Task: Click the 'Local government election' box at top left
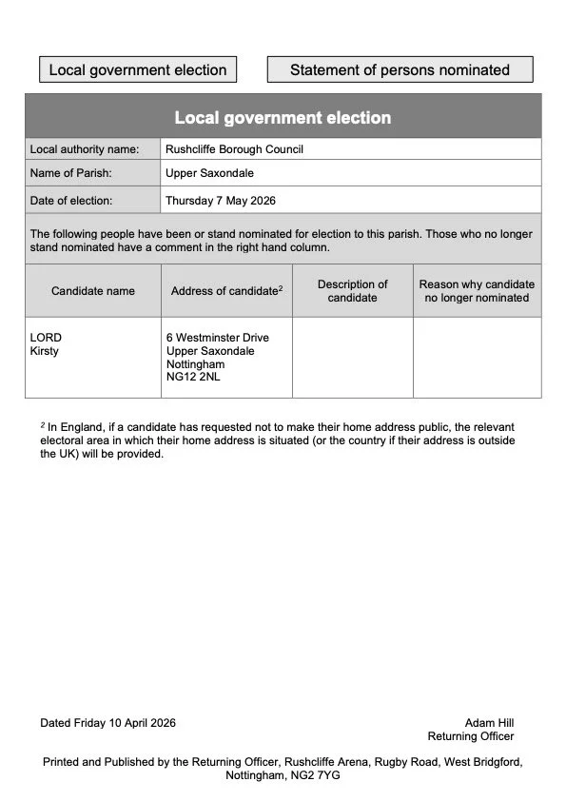[138, 69]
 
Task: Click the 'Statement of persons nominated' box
[400, 69]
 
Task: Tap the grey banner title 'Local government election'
[283, 118]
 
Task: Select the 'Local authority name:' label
[85, 149]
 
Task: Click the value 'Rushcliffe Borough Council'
[234, 149]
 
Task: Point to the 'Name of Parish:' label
[71, 174]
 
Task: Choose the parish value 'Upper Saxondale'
[209, 174]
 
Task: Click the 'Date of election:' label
[71, 201]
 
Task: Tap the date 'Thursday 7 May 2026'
[221, 201]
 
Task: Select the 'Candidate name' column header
[93, 291]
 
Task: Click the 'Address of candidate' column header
[226, 291]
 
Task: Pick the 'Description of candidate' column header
[352, 291]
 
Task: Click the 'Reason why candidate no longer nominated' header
[477, 291]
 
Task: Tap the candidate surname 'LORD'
[46, 338]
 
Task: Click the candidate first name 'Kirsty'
[45, 352]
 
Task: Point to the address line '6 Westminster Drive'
[217, 338]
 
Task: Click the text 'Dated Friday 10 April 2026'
[107, 723]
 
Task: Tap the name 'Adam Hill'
[489, 723]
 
